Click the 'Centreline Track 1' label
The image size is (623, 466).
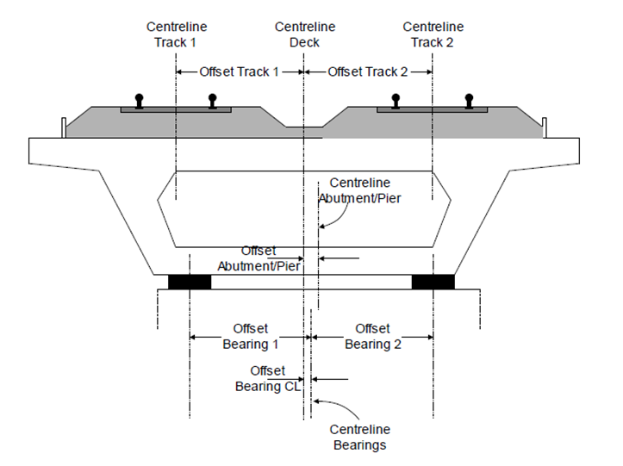click(176, 34)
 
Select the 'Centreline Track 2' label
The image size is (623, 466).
click(433, 34)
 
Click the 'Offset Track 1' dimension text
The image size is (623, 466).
click(239, 72)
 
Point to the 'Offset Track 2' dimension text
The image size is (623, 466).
click(368, 72)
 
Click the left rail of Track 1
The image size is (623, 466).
click(140, 101)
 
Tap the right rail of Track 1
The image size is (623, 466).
click(212, 101)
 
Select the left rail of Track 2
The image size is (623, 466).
click(396, 101)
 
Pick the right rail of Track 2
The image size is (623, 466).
click(469, 101)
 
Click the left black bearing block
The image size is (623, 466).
click(189, 282)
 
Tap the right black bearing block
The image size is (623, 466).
click(433, 282)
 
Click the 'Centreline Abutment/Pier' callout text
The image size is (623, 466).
click(360, 190)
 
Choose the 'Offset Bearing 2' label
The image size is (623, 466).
click(373, 337)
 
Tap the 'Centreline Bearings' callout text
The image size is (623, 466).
click(360, 438)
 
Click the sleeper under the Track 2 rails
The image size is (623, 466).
click(432, 110)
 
